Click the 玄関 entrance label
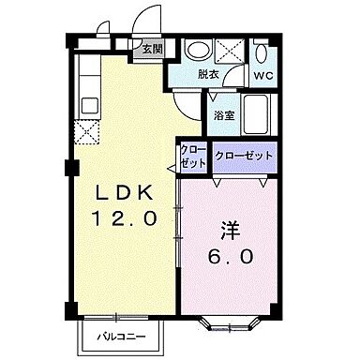[x=152, y=50]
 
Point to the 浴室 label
[x=223, y=116]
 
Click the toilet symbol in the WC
[x=262, y=52]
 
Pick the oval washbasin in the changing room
[x=197, y=51]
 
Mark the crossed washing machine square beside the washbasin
[x=229, y=50]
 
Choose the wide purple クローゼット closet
[x=243, y=155]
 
